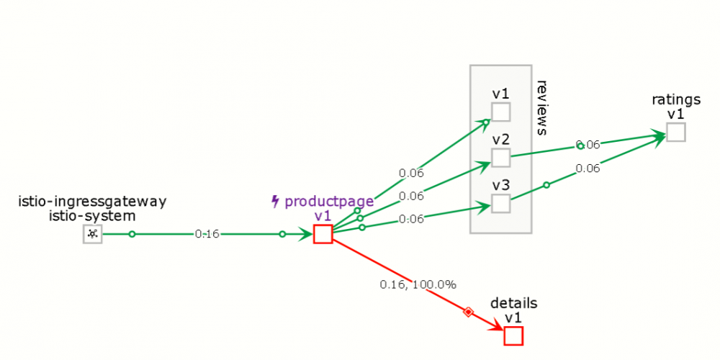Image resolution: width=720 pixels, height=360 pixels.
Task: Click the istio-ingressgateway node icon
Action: pos(92,234)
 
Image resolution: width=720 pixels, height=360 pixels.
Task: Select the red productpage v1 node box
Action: pos(323,234)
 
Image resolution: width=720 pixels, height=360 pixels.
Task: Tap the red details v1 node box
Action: pos(513,336)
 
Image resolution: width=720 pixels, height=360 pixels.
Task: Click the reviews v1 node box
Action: pos(501,112)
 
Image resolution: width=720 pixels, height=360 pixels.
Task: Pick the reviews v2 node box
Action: pos(501,158)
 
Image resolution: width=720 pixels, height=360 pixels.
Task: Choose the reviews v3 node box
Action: pos(501,204)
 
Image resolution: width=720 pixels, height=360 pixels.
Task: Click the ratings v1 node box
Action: pos(676,132)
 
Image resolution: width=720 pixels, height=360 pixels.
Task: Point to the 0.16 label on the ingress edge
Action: pos(207,234)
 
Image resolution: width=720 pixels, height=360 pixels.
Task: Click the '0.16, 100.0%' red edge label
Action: pos(418,284)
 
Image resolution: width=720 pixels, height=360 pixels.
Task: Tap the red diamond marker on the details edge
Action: pos(468,312)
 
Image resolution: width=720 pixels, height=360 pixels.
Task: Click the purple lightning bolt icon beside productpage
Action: pos(276,201)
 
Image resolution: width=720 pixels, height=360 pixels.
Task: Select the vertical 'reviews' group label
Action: pos(542,108)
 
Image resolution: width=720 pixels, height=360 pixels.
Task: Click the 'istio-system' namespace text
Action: pos(93,216)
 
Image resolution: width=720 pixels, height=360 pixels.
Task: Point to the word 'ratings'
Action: pos(676,100)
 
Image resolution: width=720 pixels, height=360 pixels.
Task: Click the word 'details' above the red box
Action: pos(514,303)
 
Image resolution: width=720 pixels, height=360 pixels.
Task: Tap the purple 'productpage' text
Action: pos(329,201)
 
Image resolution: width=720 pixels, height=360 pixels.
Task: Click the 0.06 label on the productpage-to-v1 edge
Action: pos(411,174)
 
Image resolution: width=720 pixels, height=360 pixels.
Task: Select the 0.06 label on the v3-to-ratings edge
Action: pos(588,168)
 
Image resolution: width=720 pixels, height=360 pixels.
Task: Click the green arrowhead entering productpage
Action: pos(305,234)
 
